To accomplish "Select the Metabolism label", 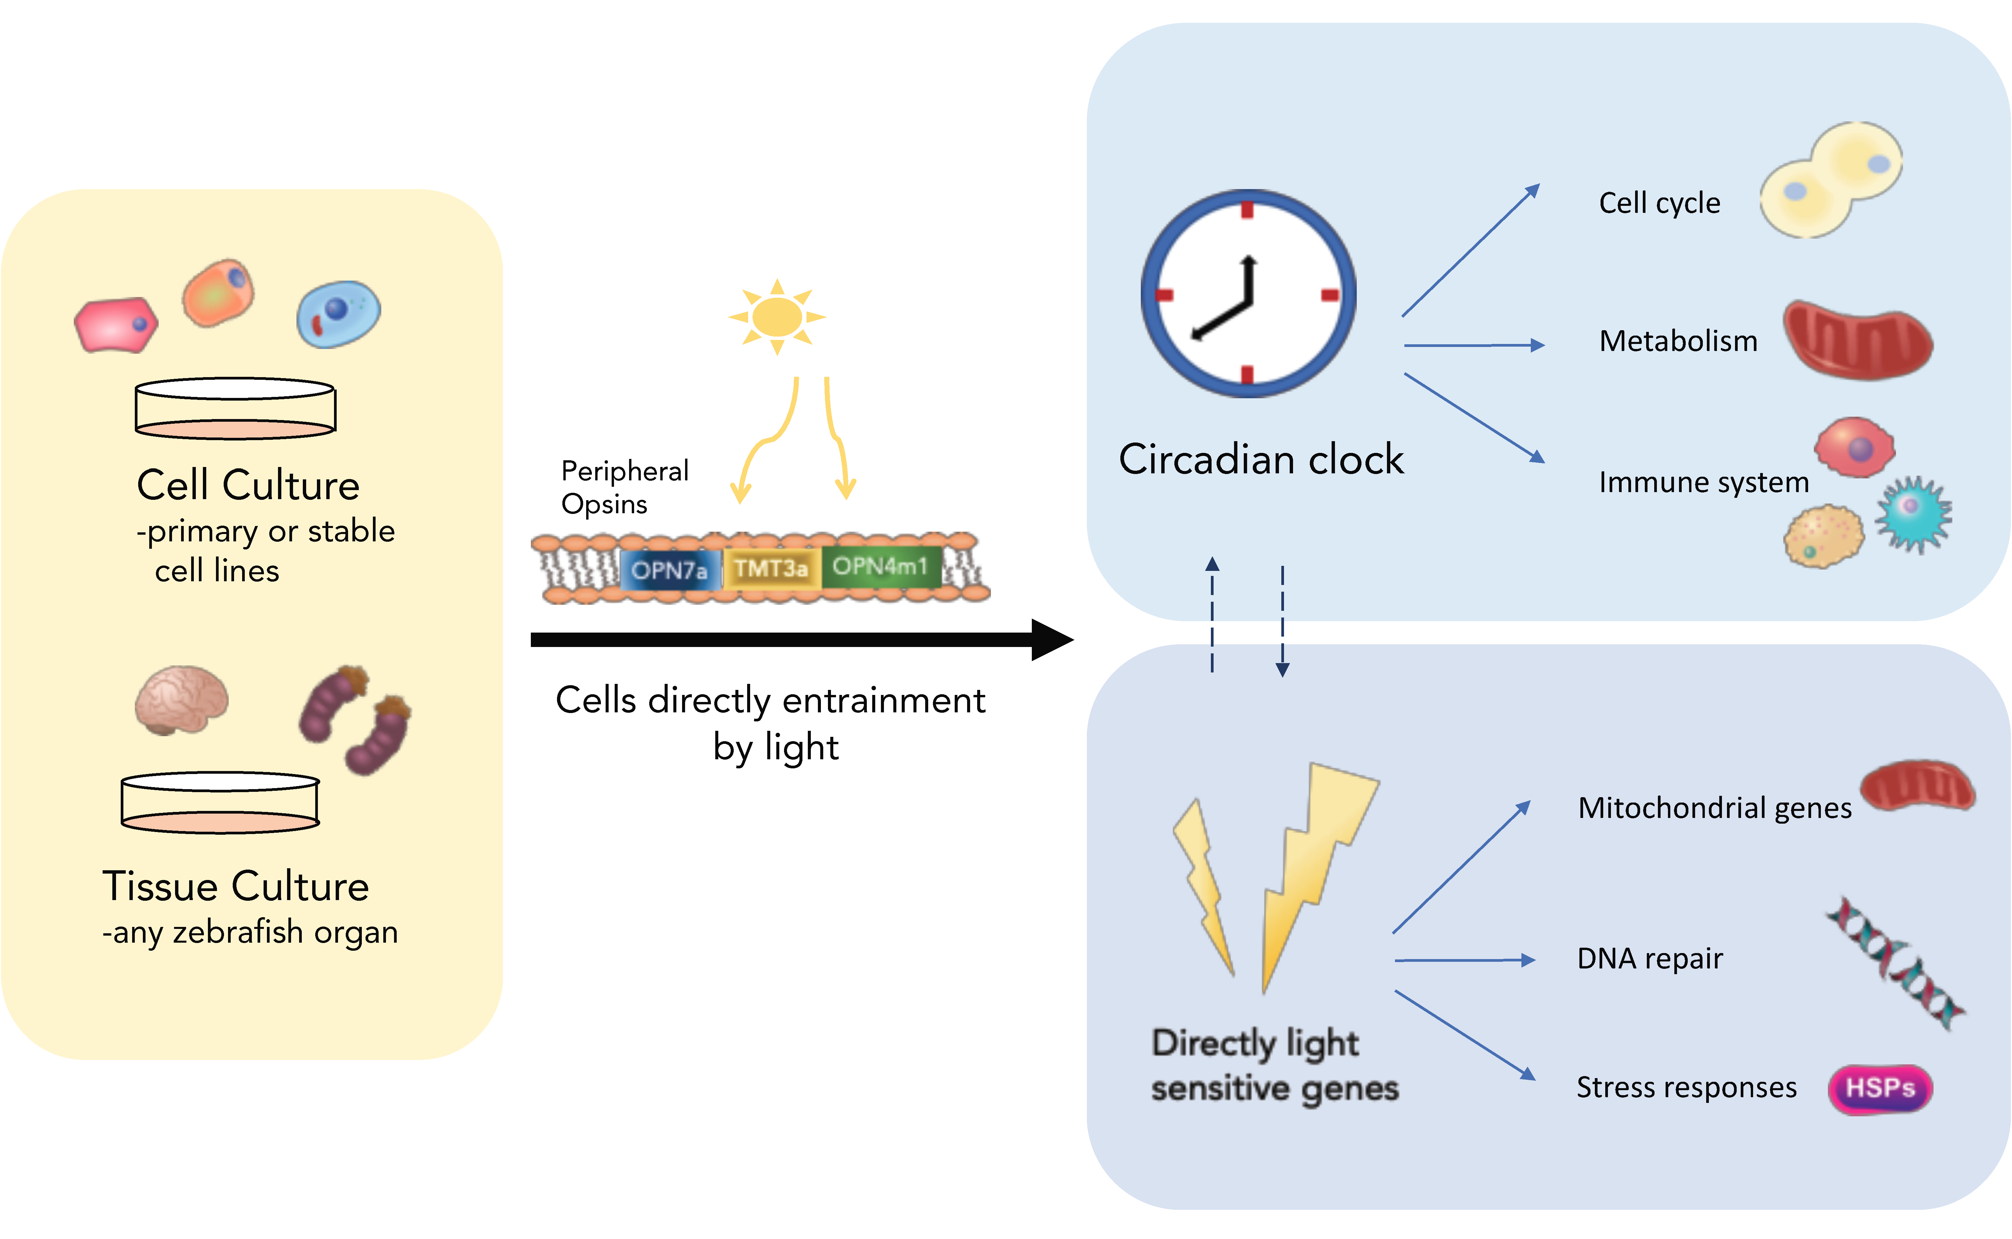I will [1678, 341].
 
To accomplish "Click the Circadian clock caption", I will [1261, 459].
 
